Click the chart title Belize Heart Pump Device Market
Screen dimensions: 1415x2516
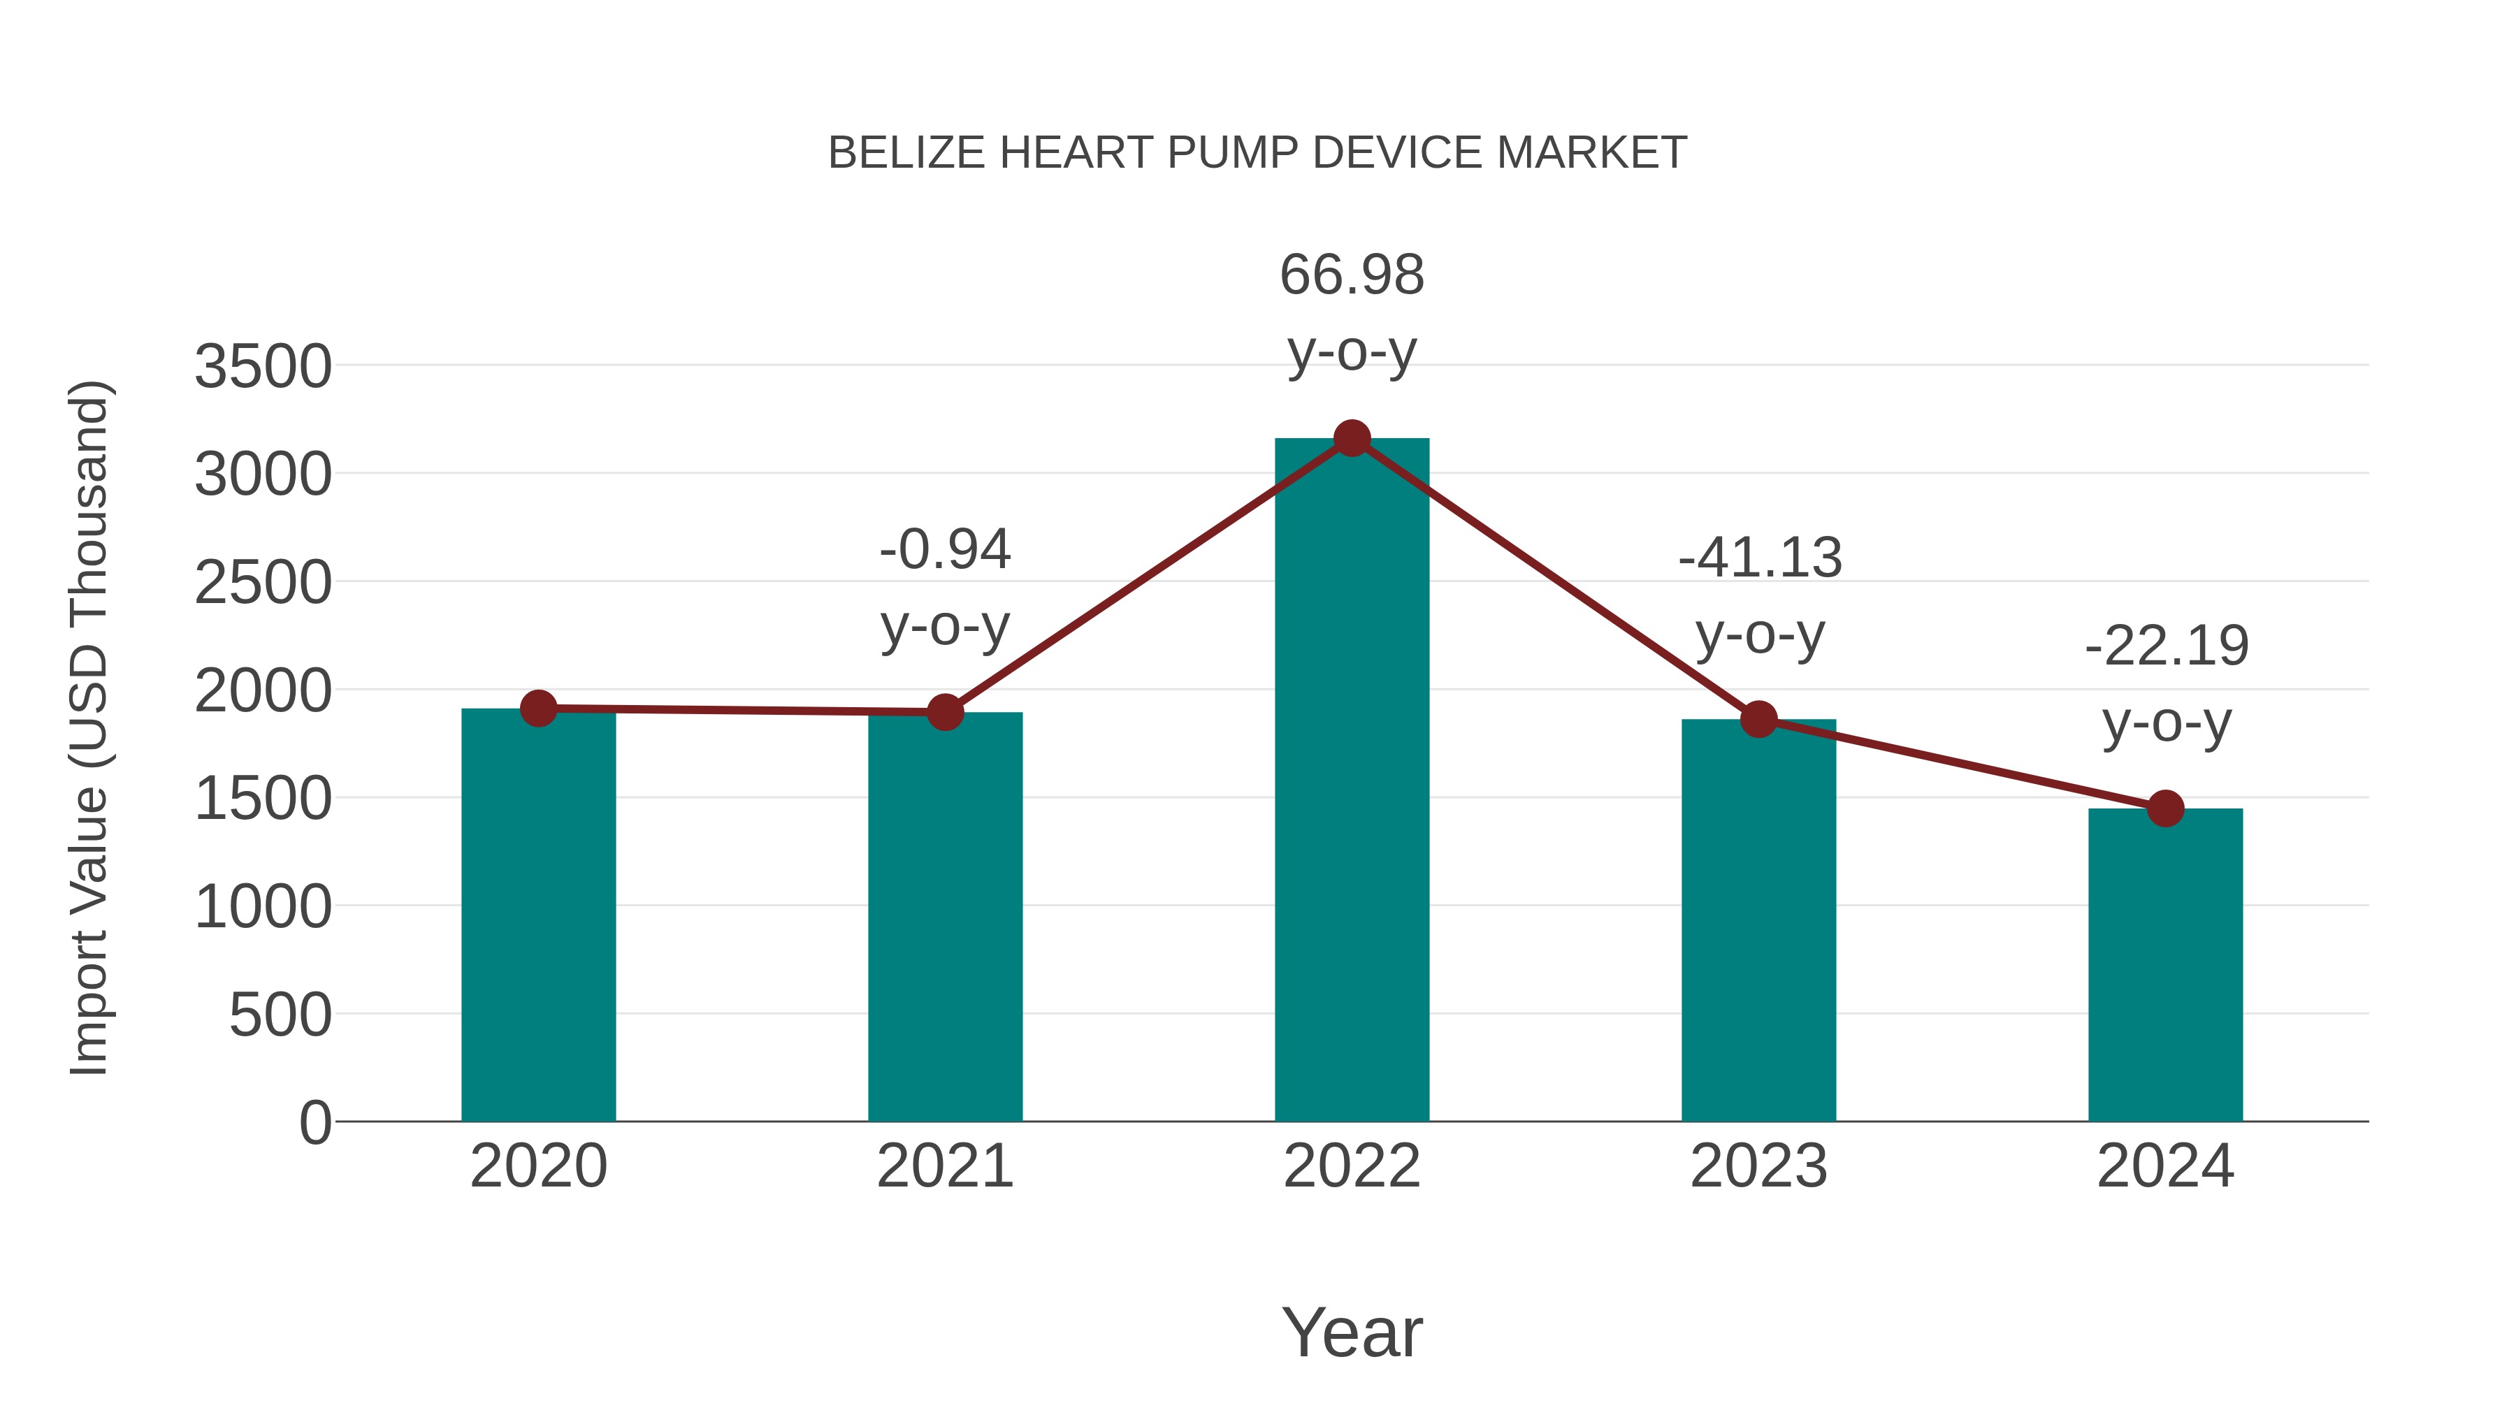pyautogui.click(x=1257, y=153)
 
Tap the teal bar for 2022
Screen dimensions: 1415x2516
pyautogui.click(x=1352, y=781)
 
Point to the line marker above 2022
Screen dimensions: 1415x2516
pyautogui.click(x=1352, y=438)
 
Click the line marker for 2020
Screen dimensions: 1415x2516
pyautogui.click(x=538, y=708)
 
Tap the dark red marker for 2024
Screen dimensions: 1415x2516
pyautogui.click(x=2165, y=808)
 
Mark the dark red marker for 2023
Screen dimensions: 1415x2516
pyautogui.click(x=1758, y=720)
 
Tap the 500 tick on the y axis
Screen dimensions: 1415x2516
pyautogui.click(x=280, y=1015)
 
